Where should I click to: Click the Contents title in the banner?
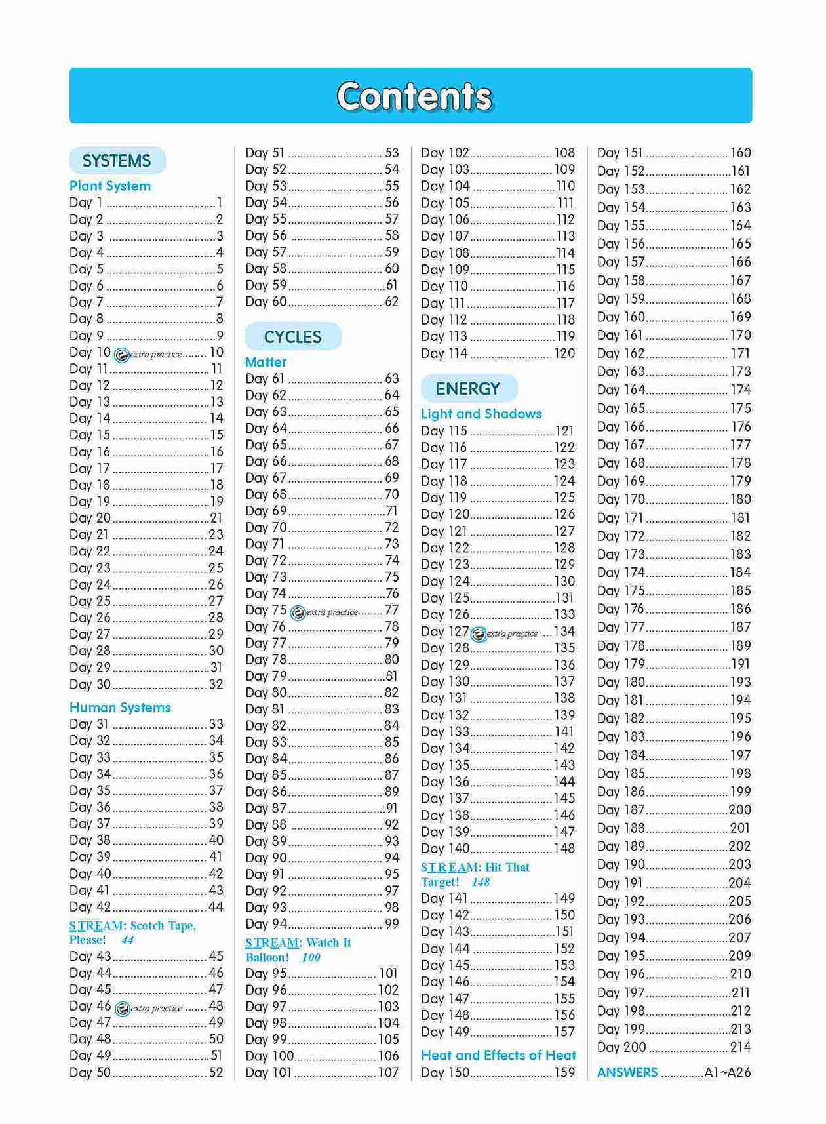414,96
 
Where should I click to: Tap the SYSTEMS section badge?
117,161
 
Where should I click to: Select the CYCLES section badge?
292,337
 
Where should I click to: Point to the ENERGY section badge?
468,389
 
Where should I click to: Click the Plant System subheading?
110,186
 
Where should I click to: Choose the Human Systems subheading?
120,708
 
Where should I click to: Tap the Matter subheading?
265,362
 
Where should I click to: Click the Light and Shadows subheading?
481,414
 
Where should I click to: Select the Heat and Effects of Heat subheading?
498,1055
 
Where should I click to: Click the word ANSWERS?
627,1073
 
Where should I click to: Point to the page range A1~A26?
728,1073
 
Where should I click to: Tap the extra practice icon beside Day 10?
121,355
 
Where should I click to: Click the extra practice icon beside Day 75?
298,612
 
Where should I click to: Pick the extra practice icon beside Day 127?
479,634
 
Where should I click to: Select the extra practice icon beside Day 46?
122,1009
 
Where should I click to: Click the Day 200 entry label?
621,1047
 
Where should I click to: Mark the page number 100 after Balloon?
311,957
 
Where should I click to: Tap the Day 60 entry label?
266,302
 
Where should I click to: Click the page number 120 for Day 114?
564,353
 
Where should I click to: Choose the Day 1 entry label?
86,203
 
